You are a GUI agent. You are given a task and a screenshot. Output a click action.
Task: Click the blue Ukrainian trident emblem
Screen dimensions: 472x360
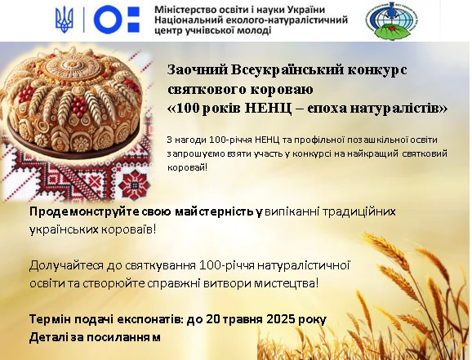(x=65, y=20)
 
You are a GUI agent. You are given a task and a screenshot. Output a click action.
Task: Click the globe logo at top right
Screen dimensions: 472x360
(x=394, y=20)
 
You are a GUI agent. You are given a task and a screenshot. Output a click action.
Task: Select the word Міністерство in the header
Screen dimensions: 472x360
(x=180, y=10)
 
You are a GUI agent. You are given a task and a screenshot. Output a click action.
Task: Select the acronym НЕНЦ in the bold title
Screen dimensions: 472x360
(x=268, y=109)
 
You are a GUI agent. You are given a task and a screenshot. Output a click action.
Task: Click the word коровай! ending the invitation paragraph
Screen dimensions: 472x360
(x=187, y=167)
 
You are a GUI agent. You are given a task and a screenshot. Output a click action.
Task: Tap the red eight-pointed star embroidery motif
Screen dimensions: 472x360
(x=134, y=184)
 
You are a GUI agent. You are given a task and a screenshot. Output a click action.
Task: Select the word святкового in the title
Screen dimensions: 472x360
(x=207, y=90)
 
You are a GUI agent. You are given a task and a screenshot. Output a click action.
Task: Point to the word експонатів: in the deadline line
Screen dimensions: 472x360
(x=149, y=319)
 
